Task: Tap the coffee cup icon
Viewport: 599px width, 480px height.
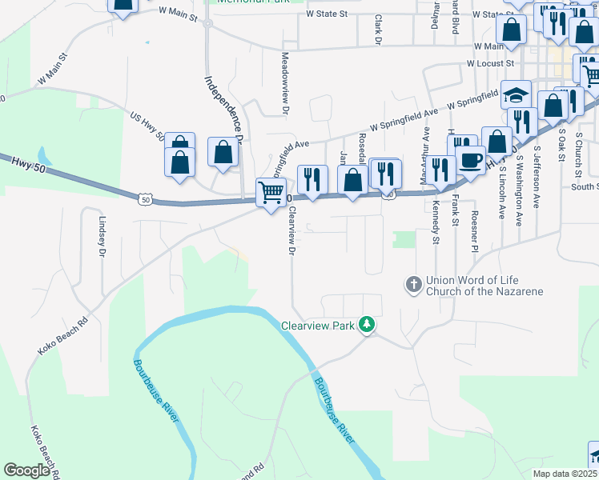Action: point(470,159)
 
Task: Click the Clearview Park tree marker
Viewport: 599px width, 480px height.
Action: point(367,324)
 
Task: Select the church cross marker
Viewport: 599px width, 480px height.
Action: point(414,285)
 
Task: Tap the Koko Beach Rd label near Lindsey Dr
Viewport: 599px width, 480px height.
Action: point(62,339)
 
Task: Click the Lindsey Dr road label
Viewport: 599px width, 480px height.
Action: point(102,235)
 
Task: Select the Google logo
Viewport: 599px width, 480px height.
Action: point(27,470)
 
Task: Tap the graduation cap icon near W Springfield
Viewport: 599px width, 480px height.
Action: point(517,94)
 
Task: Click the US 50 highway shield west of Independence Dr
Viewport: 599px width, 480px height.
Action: point(144,200)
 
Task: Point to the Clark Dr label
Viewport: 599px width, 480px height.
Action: point(376,30)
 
